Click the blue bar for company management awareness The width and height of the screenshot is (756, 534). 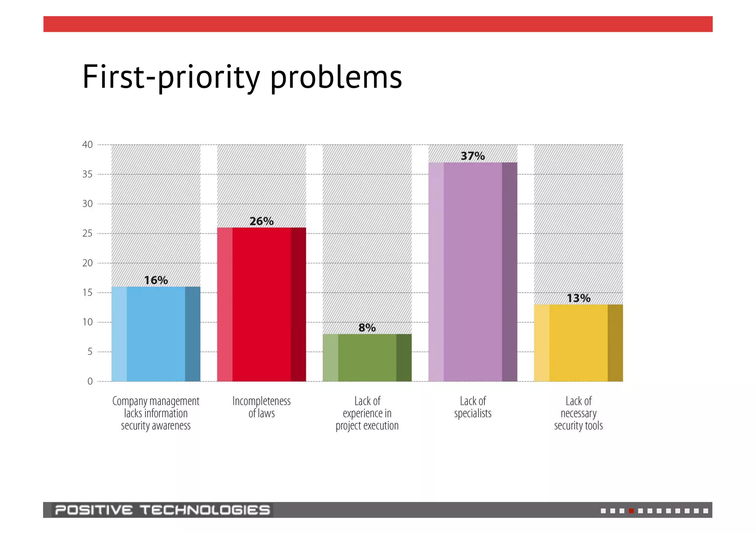tap(156, 334)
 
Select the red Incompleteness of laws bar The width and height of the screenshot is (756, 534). tap(261, 304)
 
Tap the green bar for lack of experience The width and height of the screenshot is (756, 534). tap(367, 358)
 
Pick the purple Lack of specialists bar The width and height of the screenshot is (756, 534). tap(472, 272)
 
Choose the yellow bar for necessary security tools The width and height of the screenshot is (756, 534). tap(578, 343)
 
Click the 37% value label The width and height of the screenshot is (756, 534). tap(473, 156)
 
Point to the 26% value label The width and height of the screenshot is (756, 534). tap(261, 221)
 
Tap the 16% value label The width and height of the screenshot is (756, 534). tap(156, 280)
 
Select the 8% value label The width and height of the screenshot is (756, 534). tap(367, 328)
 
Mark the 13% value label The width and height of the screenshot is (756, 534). tap(578, 298)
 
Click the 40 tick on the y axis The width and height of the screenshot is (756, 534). tap(87, 145)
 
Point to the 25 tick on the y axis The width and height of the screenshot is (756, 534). tap(87, 233)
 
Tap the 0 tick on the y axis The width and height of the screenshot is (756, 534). tap(90, 382)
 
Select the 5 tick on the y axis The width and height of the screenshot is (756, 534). tap(90, 352)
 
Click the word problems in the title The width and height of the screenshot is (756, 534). tap(336, 77)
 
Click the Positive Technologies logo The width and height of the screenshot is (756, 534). tap(162, 510)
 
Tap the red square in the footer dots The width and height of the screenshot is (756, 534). tap(631, 511)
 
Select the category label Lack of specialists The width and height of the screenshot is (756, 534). tap(472, 407)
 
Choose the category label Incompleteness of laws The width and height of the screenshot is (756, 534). tap(261, 407)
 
